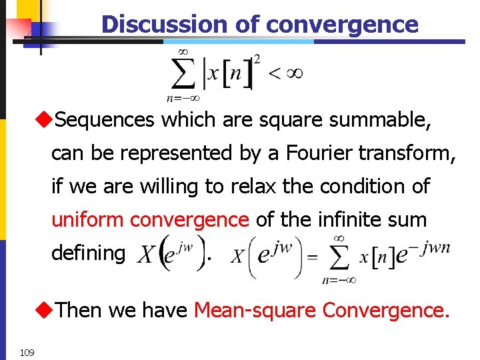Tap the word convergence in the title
pyautogui.click(x=342, y=25)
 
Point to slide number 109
pyautogui.click(x=27, y=352)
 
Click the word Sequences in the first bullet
pyautogui.click(x=105, y=120)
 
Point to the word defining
pyautogui.click(x=88, y=253)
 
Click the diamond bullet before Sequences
pyautogui.click(x=44, y=120)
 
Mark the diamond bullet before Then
pyautogui.click(x=44, y=309)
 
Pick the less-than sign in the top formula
pyautogui.click(x=274, y=73)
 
